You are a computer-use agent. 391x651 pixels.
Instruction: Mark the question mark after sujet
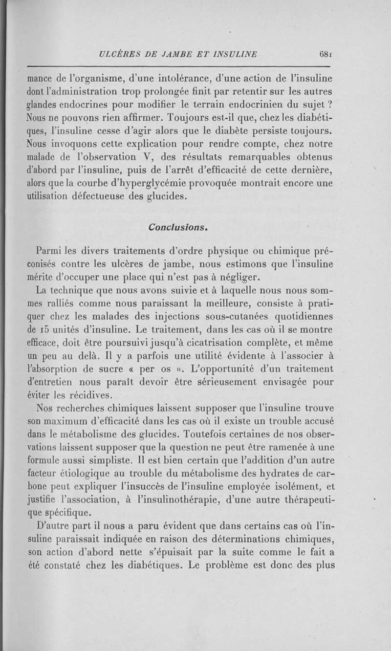tap(330, 104)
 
